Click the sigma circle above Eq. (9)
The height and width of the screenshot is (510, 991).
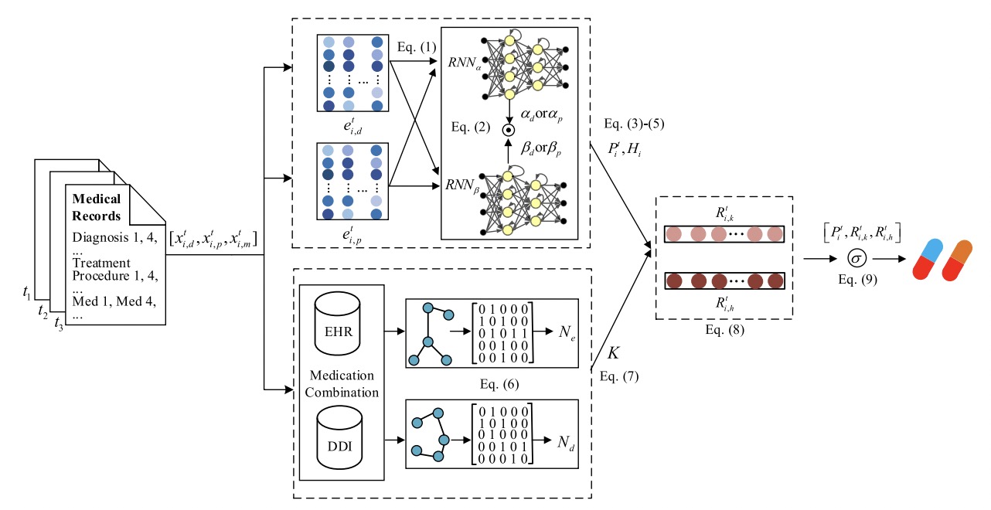point(856,257)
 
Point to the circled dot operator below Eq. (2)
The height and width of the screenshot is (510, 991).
point(509,130)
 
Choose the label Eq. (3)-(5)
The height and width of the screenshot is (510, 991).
point(630,123)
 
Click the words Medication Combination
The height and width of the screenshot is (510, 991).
point(341,383)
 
